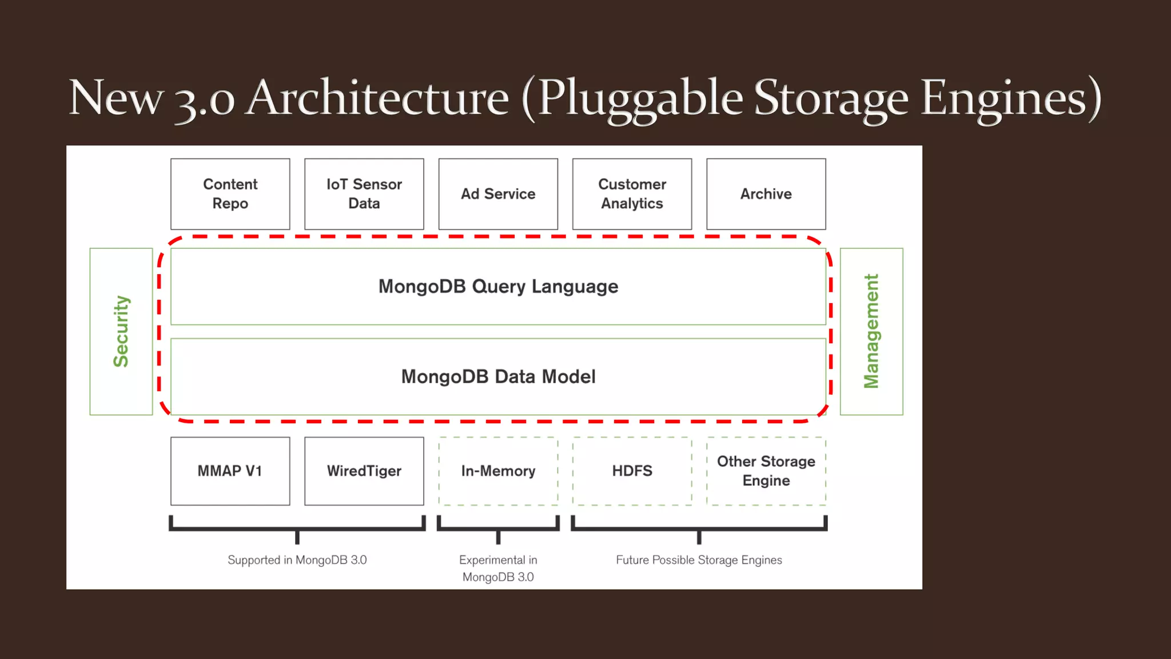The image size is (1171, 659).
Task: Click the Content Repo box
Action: (x=230, y=194)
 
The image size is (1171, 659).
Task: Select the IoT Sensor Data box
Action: (x=364, y=194)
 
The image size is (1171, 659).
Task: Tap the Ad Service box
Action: (x=498, y=194)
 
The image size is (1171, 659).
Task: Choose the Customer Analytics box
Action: (x=632, y=194)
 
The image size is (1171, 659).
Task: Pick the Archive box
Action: (x=766, y=194)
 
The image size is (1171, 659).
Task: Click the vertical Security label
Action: (x=121, y=331)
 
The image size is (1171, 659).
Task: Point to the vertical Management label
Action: (x=871, y=331)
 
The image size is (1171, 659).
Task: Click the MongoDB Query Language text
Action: (x=498, y=286)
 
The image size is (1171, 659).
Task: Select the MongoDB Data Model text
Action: (x=498, y=376)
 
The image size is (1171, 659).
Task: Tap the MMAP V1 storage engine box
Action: (x=230, y=471)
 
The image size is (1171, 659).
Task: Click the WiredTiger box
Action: (x=364, y=471)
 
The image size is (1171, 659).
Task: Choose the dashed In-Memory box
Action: (x=498, y=471)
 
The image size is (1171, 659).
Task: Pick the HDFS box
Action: (x=632, y=471)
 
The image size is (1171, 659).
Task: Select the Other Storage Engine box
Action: (x=766, y=471)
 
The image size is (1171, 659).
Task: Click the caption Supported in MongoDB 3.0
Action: (x=297, y=560)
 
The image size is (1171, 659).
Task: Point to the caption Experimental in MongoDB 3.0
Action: (x=498, y=568)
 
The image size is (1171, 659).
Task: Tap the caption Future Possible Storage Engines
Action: (x=699, y=560)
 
